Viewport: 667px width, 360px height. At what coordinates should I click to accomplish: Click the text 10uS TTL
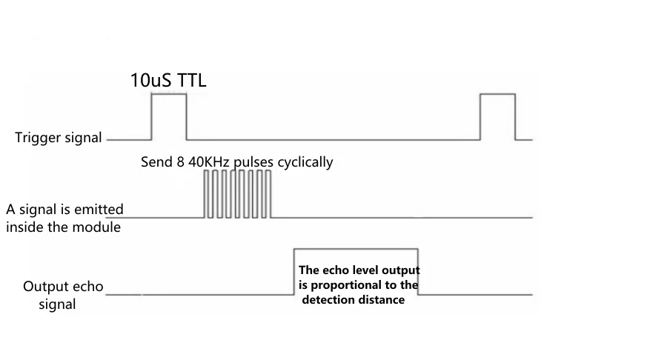[168, 80]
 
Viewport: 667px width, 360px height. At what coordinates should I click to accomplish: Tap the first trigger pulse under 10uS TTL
[169, 116]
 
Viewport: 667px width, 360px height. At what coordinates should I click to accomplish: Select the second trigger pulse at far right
[497, 116]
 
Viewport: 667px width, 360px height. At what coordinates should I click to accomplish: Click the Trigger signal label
[59, 138]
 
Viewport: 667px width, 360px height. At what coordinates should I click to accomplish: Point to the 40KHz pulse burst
[238, 194]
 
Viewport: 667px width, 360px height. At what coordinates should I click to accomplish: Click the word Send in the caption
[156, 161]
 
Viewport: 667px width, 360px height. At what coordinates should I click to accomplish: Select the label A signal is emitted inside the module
[64, 218]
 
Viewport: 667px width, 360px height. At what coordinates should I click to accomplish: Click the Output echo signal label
[63, 295]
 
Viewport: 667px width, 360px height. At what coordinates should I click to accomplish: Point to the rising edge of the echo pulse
[294, 271]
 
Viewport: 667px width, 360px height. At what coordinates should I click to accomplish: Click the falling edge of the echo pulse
[419, 271]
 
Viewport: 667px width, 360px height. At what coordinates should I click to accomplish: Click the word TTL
[190, 80]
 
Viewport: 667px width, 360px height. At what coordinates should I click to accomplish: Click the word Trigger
[37, 138]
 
